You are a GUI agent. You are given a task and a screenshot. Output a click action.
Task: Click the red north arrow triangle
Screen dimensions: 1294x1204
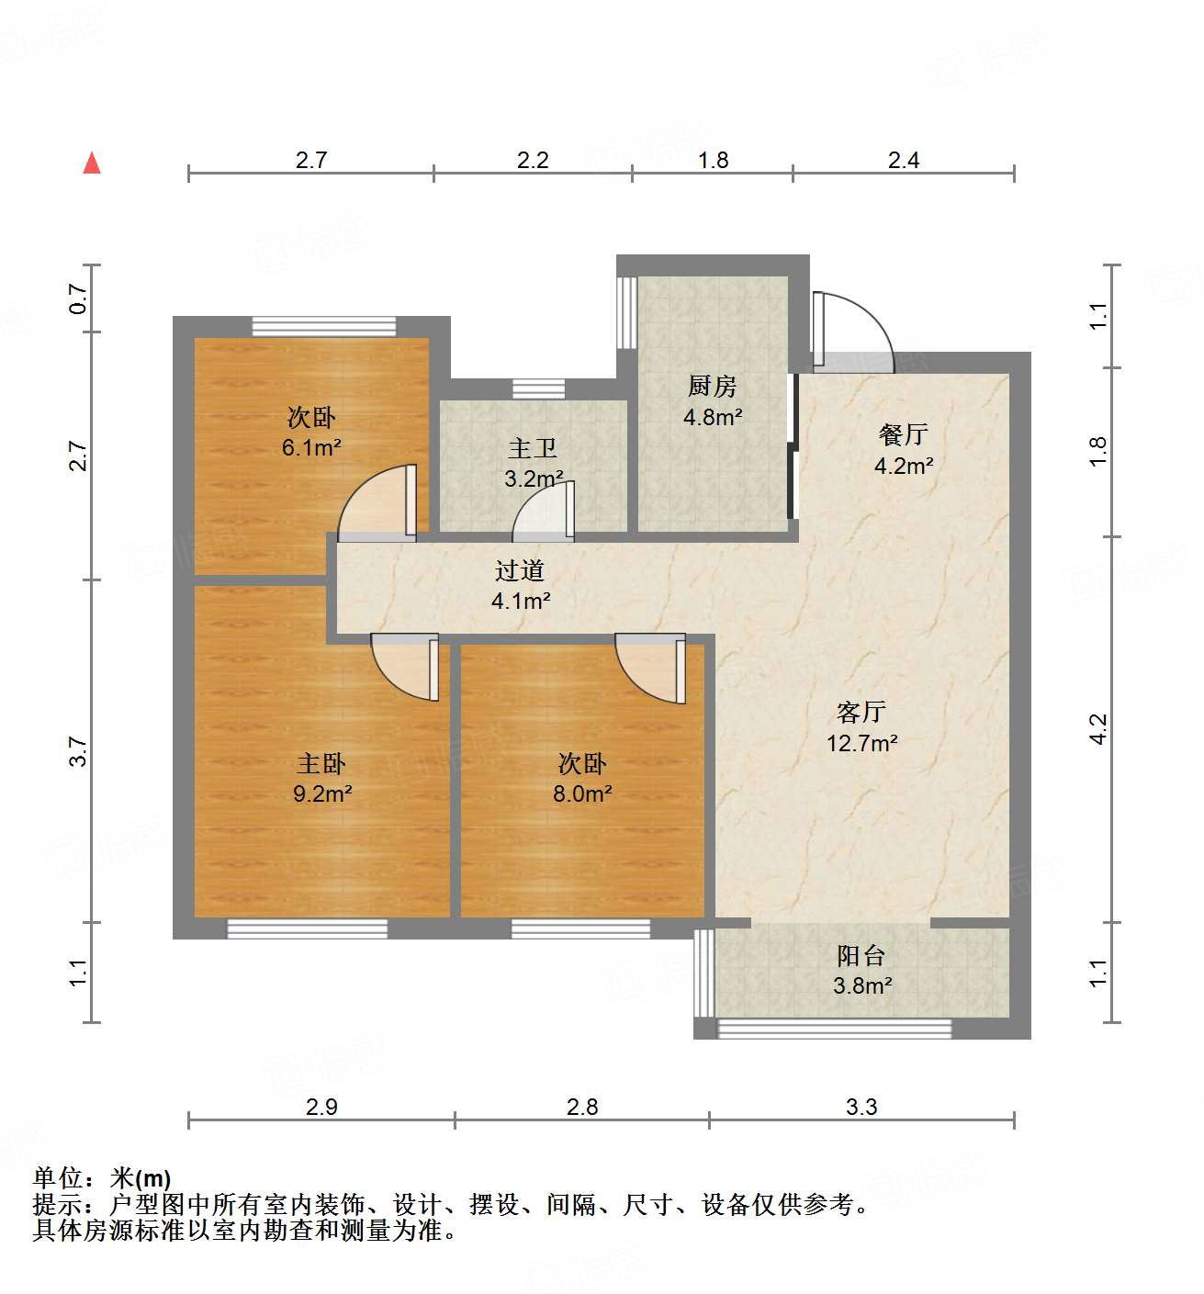click(x=92, y=163)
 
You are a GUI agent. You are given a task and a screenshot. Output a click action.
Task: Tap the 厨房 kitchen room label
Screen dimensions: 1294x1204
click(x=712, y=387)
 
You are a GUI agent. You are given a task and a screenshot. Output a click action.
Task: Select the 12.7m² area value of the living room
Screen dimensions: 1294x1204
click(x=861, y=743)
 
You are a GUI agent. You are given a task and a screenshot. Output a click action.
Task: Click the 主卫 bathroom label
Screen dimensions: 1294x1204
click(x=533, y=449)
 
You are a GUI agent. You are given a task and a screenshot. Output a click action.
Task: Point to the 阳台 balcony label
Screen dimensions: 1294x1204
click(x=861, y=956)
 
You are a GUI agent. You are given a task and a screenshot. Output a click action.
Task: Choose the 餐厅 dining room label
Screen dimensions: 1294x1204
click(x=903, y=434)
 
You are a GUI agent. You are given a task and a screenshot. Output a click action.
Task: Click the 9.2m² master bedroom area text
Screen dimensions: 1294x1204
click(x=322, y=793)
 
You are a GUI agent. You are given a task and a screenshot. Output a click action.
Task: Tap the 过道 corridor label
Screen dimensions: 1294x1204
click(x=520, y=571)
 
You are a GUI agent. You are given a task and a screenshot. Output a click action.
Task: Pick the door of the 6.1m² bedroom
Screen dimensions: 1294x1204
click(x=378, y=503)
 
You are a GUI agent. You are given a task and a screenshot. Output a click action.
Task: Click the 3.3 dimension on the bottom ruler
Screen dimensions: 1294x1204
click(x=861, y=1107)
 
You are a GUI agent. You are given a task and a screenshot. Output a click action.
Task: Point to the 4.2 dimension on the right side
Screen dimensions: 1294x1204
click(x=1099, y=729)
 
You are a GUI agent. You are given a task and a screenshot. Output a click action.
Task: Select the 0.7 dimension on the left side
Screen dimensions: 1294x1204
click(x=79, y=298)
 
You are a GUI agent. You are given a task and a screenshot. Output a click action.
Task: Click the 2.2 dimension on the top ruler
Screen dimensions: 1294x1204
click(x=533, y=161)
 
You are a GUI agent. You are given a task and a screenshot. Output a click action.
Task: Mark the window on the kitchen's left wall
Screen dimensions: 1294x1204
click(x=627, y=312)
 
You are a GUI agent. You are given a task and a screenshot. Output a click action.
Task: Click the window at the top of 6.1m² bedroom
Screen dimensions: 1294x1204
click(x=324, y=327)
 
